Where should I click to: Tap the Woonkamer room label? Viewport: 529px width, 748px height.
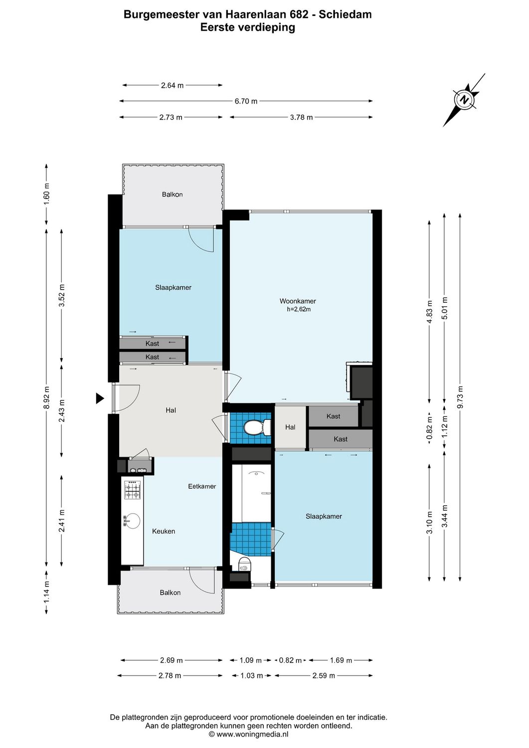(x=298, y=301)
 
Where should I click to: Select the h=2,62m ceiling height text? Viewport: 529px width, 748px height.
(x=299, y=309)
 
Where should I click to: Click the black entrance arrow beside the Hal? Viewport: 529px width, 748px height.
(x=100, y=398)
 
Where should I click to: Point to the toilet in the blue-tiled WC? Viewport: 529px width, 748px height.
(x=256, y=428)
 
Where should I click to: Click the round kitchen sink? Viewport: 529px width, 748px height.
(x=132, y=521)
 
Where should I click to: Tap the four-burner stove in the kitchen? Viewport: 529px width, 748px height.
(x=132, y=490)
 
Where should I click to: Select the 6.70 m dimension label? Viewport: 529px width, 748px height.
(x=246, y=101)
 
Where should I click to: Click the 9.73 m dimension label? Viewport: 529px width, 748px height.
(x=460, y=397)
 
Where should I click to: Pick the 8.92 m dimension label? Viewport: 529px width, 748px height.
(x=46, y=397)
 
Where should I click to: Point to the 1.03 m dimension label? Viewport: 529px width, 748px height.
(x=251, y=676)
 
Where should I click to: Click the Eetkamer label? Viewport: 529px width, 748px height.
(x=202, y=486)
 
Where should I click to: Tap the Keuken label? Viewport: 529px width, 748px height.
(x=164, y=532)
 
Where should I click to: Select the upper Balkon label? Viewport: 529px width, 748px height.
(x=172, y=194)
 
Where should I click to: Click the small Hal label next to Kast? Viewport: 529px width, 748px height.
(x=290, y=427)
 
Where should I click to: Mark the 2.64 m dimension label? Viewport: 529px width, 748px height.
(x=172, y=85)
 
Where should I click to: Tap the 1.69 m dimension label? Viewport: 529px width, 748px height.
(x=341, y=660)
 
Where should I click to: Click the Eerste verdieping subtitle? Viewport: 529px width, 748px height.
(x=247, y=27)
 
